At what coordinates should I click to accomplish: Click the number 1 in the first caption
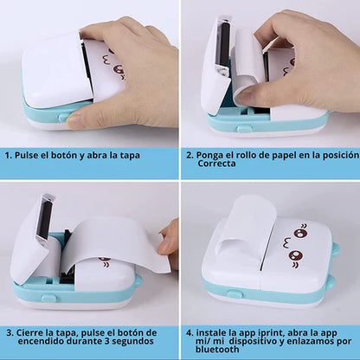7,157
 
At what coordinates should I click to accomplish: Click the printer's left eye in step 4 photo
299,232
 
